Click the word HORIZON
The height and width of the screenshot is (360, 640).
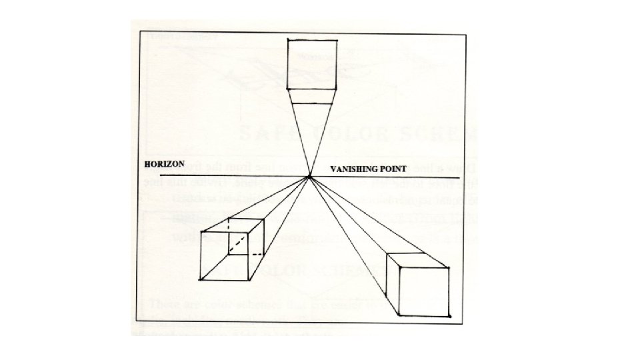click(165, 164)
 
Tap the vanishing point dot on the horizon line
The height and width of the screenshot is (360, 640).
click(310, 177)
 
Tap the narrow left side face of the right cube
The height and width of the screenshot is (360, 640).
click(391, 283)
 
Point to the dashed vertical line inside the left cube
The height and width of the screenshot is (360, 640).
click(229, 235)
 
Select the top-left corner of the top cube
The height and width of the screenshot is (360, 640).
click(287, 39)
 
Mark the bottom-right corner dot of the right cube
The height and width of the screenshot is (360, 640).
click(450, 315)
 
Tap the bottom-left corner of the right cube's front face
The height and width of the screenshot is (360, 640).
click(398, 315)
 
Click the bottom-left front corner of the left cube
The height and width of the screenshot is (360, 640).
click(201, 278)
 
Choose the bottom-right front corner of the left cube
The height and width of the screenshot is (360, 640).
click(249, 278)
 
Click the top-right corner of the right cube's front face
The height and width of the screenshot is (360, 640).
click(450, 268)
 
